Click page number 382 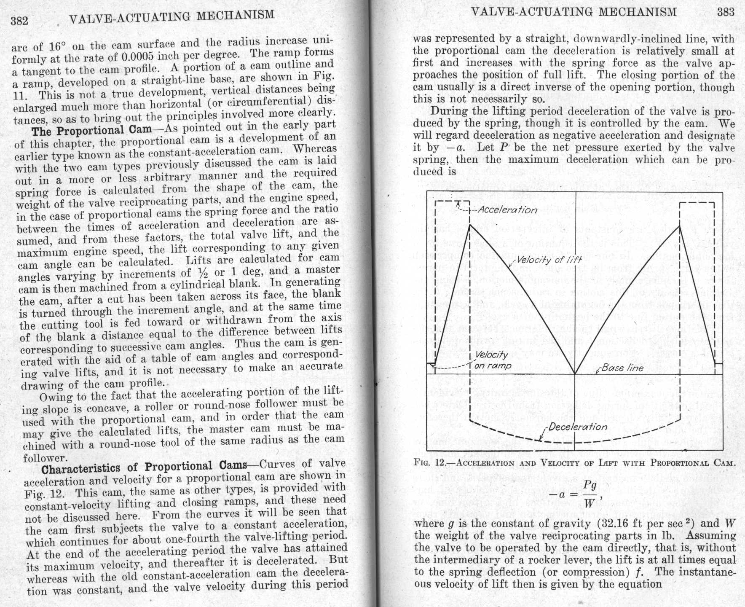click(19, 20)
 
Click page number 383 click(726, 12)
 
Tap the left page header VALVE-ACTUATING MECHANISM click(171, 17)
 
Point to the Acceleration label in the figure click(507, 210)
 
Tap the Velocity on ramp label click(492, 360)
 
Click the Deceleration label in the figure click(578, 427)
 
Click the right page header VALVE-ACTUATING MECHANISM click(573, 12)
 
